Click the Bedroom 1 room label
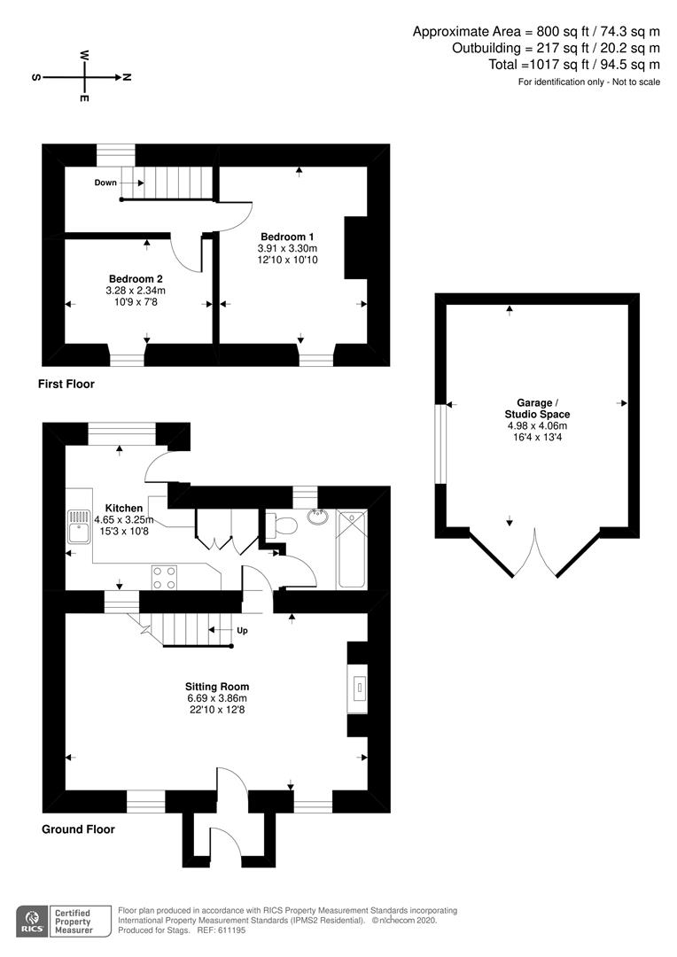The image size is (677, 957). pyautogui.click(x=287, y=237)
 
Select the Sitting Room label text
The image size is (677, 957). pyautogui.click(x=217, y=686)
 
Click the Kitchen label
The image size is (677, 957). pyautogui.click(x=123, y=508)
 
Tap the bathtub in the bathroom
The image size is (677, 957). pyautogui.click(x=352, y=549)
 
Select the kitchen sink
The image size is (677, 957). pyautogui.click(x=77, y=526)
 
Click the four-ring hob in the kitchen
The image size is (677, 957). pyautogui.click(x=164, y=577)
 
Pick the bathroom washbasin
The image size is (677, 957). pyautogui.click(x=317, y=517)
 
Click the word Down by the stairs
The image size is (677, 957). pyautogui.click(x=105, y=183)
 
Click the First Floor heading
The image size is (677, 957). pyautogui.click(x=66, y=385)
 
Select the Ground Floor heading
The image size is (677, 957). pyautogui.click(x=78, y=830)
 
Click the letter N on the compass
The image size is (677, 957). pyautogui.click(x=127, y=77)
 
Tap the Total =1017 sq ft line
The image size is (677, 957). pyautogui.click(x=573, y=64)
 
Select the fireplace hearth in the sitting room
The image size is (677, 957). pyautogui.click(x=359, y=689)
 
